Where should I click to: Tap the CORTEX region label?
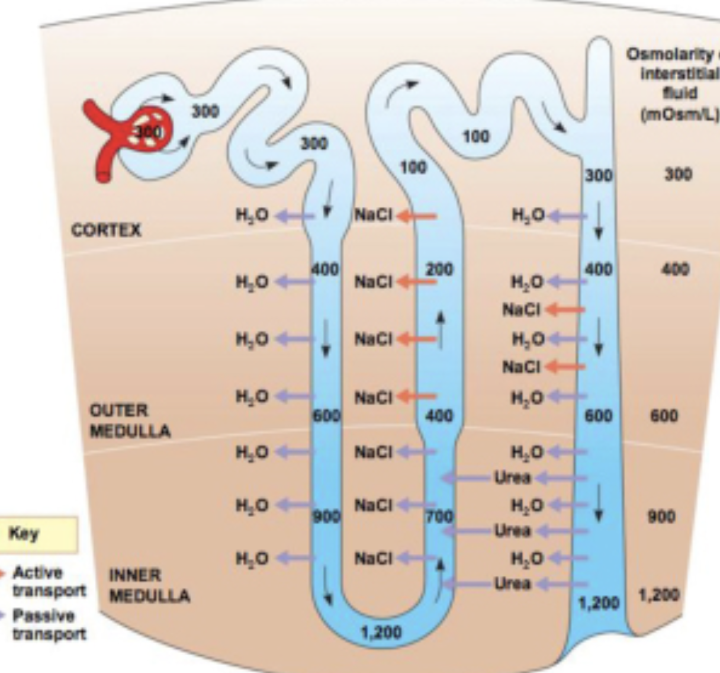[x=106, y=230]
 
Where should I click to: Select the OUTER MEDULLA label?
[x=130, y=421]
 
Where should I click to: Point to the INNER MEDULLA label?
[x=149, y=585]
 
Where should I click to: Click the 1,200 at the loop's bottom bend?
[x=381, y=633]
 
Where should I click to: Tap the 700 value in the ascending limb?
[x=439, y=517]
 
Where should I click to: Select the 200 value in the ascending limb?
[x=439, y=270]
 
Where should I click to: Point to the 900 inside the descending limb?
[x=326, y=517]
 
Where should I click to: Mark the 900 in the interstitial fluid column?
[x=661, y=517]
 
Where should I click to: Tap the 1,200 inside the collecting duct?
[x=599, y=603]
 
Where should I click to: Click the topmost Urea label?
[x=513, y=477]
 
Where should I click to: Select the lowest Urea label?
[x=513, y=584]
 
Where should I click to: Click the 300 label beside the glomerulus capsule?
[x=205, y=111]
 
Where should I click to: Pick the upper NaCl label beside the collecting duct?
[x=521, y=309]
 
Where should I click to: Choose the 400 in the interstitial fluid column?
[x=676, y=270]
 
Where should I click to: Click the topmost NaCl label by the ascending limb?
[x=373, y=216]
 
